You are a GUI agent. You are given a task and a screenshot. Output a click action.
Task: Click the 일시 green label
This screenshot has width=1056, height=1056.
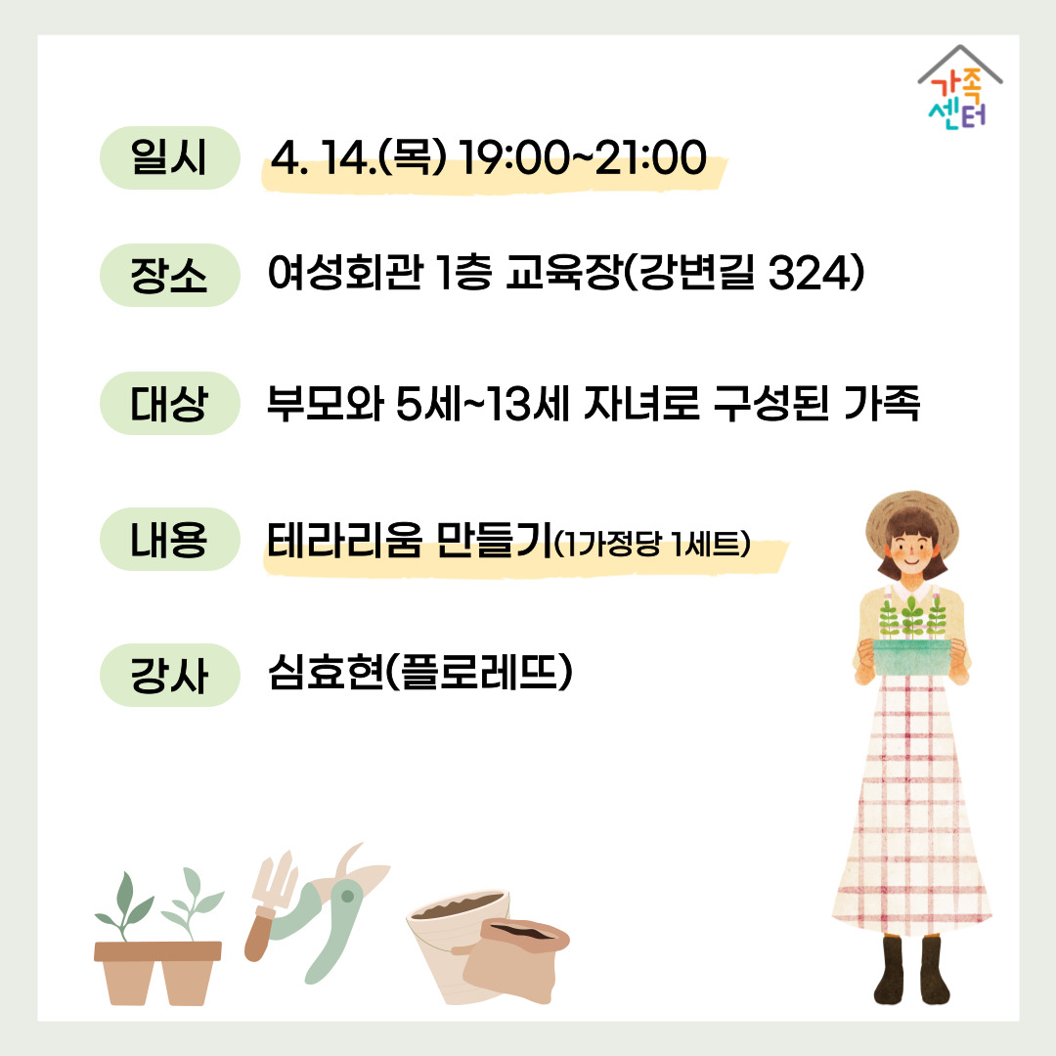pos(170,157)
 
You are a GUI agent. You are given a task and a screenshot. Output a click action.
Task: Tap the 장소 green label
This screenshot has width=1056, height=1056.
pos(170,275)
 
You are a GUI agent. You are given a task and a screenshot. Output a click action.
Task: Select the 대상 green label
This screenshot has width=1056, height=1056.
pos(170,403)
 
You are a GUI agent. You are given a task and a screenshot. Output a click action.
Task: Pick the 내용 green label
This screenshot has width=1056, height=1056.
pos(170,539)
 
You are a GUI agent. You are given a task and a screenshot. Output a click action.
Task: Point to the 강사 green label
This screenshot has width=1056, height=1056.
pos(170,675)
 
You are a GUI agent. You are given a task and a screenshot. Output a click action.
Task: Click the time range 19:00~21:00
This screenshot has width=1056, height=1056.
pos(583,158)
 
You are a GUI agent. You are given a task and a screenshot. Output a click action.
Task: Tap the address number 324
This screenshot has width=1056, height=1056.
pos(806,273)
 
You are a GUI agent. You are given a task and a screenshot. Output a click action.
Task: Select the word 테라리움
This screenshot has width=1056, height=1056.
pos(345,540)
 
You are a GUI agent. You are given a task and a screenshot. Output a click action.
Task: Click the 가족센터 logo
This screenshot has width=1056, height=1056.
pos(960,88)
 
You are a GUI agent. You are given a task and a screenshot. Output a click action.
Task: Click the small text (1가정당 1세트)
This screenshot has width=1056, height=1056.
pos(651,544)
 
